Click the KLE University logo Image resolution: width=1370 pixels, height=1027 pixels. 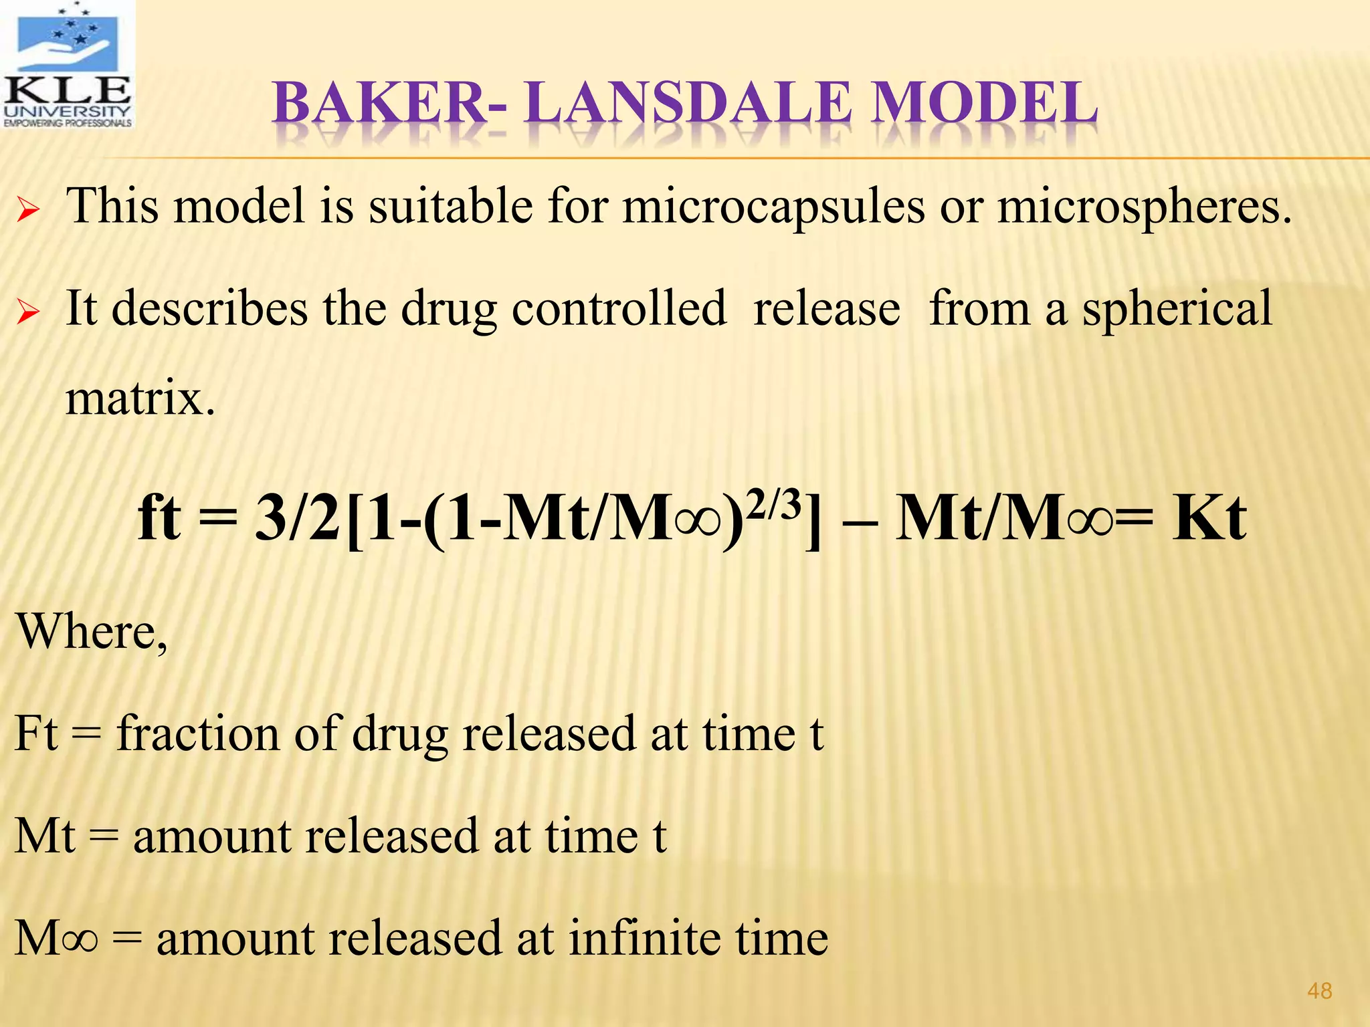(68, 66)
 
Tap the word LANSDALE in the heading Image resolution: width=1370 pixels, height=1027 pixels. (689, 104)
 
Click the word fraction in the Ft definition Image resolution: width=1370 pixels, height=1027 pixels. (198, 733)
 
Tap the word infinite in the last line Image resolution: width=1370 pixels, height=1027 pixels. (645, 938)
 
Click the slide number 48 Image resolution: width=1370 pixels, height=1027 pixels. (1319, 991)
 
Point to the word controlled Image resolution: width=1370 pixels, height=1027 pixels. (619, 309)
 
